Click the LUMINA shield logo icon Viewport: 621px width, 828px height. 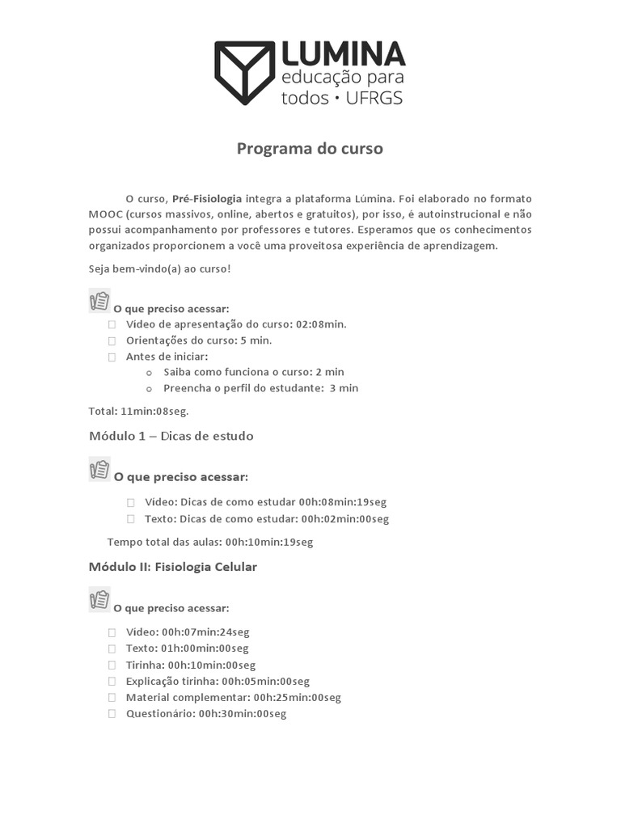(x=244, y=73)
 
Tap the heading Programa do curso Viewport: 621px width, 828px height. (x=310, y=149)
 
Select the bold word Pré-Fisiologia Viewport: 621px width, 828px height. (x=207, y=199)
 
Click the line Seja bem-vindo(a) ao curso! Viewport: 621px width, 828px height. (x=159, y=268)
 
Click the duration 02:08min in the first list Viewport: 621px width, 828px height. (x=320, y=324)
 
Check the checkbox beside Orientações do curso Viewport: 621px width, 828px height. (x=112, y=340)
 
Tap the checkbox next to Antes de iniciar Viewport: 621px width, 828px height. (x=112, y=357)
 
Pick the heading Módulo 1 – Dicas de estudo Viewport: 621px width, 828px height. (x=171, y=436)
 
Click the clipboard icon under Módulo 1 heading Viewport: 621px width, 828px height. (x=99, y=469)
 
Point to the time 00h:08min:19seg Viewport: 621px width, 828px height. (x=344, y=502)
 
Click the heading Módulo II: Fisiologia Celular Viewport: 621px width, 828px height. (x=172, y=567)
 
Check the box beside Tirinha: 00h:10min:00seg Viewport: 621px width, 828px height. (x=112, y=665)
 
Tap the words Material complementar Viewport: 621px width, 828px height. (x=188, y=698)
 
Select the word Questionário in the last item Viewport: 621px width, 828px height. (x=160, y=714)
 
